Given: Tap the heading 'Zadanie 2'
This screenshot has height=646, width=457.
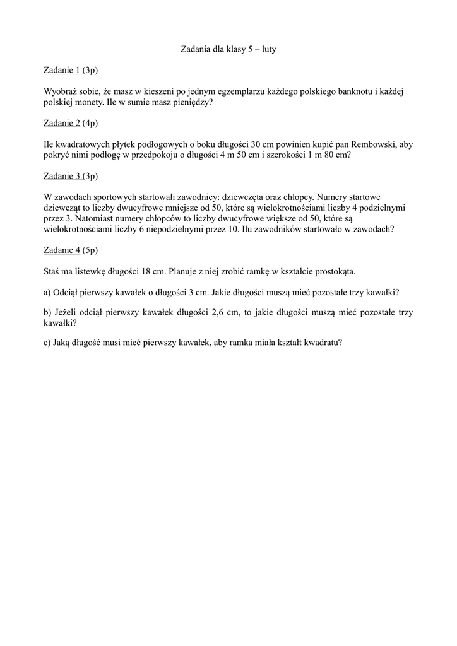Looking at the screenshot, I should [62, 122].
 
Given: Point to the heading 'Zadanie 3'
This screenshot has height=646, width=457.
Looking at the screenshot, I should [62, 175].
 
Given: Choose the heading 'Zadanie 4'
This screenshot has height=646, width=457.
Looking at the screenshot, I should [62, 250].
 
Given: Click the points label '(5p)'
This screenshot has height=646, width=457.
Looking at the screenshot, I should [91, 250].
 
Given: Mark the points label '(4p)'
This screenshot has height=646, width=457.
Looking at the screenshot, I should [91, 122].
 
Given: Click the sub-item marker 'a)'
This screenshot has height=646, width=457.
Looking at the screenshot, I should [48, 293].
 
